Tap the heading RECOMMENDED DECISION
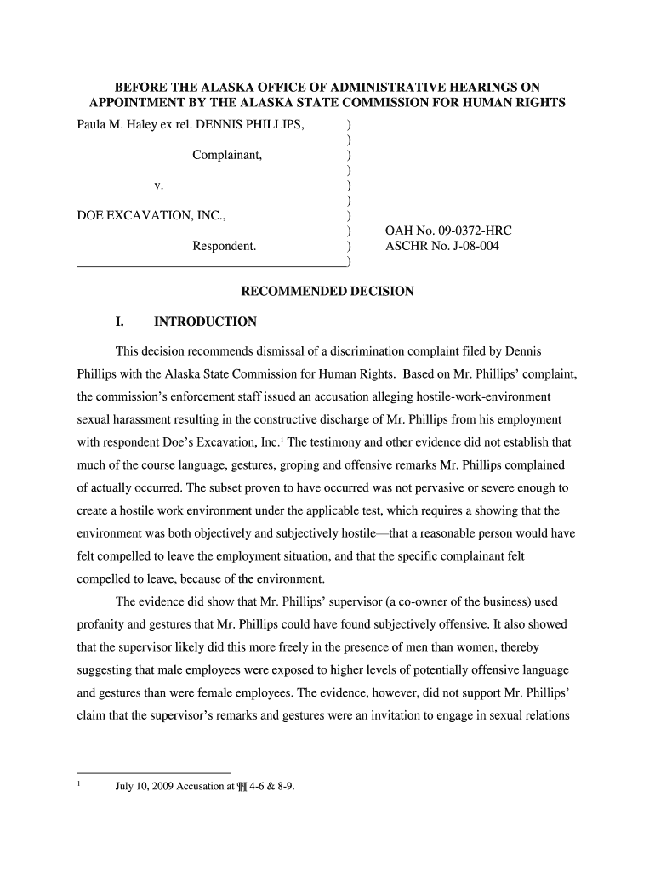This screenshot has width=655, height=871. [327, 292]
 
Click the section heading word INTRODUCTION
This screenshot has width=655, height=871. [205, 322]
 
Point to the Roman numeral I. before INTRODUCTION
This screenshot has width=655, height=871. [120, 322]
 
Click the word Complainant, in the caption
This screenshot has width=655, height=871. [227, 156]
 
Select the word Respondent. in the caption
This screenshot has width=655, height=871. [225, 247]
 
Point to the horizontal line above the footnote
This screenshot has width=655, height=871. [154, 772]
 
